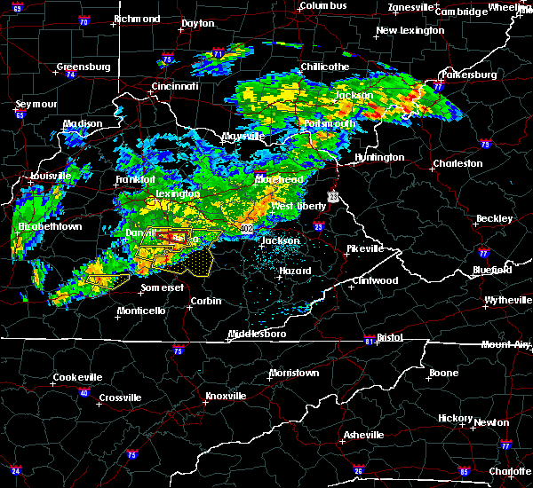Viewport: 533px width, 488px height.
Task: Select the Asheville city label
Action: click(365, 435)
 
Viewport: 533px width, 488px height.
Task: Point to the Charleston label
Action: click(457, 163)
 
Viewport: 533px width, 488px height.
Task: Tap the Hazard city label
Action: click(295, 271)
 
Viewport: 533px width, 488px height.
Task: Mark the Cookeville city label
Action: click(77, 377)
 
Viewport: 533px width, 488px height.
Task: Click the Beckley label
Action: click(494, 218)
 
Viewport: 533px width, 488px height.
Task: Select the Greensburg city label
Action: click(83, 67)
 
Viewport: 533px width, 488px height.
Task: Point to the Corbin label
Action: click(205, 301)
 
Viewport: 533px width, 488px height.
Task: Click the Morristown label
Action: click(293, 373)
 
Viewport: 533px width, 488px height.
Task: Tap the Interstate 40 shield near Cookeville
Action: click(85, 393)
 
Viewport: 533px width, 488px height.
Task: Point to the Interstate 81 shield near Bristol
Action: click(368, 341)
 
